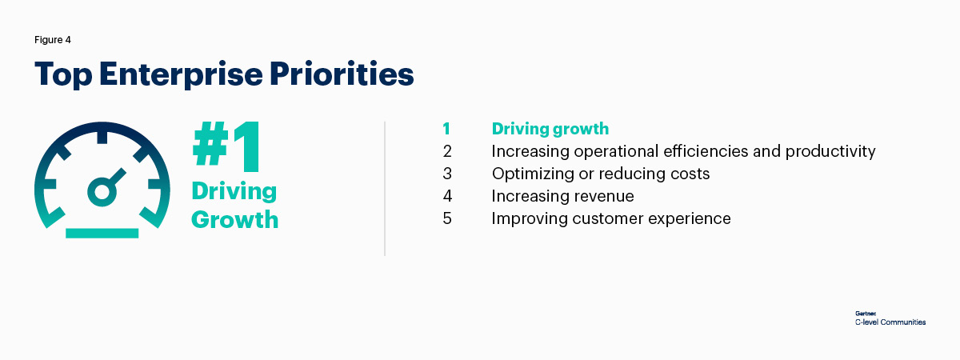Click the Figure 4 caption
[52, 40]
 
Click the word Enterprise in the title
[181, 74]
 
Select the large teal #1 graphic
[226, 146]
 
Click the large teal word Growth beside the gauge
[234, 219]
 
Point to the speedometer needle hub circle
[102, 191]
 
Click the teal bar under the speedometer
[102, 233]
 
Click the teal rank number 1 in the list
[446, 129]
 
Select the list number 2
[447, 151]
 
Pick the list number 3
[447, 174]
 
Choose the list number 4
[447, 196]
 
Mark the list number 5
[447, 218]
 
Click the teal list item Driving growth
[550, 129]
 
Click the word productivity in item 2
[830, 152]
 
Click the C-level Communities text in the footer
[890, 322]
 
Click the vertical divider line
[385, 189]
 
